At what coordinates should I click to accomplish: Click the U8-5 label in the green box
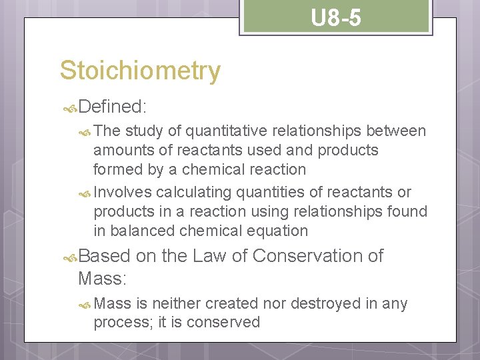pyautogui.click(x=336, y=18)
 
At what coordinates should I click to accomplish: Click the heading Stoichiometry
pyautogui.click(x=140, y=71)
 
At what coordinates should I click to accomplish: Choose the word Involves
pyautogui.click(x=123, y=193)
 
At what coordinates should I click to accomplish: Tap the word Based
pyautogui.click(x=105, y=256)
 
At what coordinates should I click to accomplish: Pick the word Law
pyautogui.click(x=209, y=256)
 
